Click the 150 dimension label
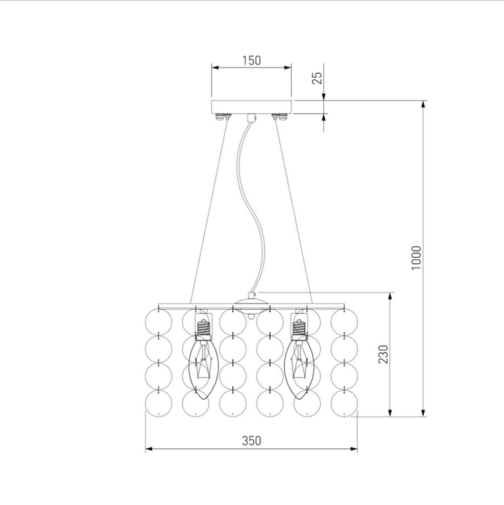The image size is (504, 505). point(251,60)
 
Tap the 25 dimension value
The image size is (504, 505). point(317,78)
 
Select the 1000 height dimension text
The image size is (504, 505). point(416,258)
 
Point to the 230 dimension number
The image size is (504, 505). point(383,354)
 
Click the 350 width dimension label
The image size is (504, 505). point(251,441)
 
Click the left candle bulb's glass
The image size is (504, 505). point(203,369)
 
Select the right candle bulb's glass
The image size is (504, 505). point(300,369)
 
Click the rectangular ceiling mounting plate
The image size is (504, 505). point(251,107)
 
